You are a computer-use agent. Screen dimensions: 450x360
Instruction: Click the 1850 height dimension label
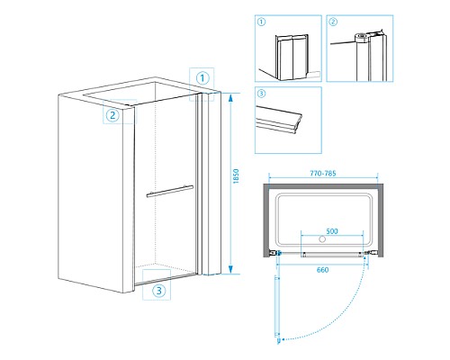(x=236, y=176)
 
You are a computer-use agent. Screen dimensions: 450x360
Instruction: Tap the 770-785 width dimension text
(x=323, y=174)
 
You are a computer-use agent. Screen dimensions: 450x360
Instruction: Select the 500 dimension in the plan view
(x=332, y=231)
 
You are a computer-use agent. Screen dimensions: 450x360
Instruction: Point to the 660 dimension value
(x=322, y=270)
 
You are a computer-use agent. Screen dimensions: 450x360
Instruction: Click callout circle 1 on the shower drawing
(x=202, y=78)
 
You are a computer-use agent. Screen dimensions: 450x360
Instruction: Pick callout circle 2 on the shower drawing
(x=112, y=115)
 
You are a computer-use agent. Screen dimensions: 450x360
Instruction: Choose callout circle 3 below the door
(x=158, y=290)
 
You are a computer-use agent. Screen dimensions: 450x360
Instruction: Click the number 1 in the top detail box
(x=262, y=22)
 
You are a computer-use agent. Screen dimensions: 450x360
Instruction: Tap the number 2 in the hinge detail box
(x=333, y=22)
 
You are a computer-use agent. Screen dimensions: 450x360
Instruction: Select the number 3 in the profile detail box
(x=261, y=94)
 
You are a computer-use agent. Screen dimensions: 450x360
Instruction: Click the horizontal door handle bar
(x=170, y=192)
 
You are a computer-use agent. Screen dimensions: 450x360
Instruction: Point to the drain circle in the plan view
(x=322, y=239)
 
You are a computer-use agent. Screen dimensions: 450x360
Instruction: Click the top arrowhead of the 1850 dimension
(x=230, y=98)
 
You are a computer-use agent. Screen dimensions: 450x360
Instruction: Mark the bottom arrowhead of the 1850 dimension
(x=230, y=269)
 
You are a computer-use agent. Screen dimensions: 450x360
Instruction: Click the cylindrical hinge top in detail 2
(x=362, y=38)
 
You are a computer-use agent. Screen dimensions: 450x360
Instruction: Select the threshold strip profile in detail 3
(x=279, y=120)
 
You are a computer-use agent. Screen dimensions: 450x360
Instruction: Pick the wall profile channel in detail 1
(x=292, y=58)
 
